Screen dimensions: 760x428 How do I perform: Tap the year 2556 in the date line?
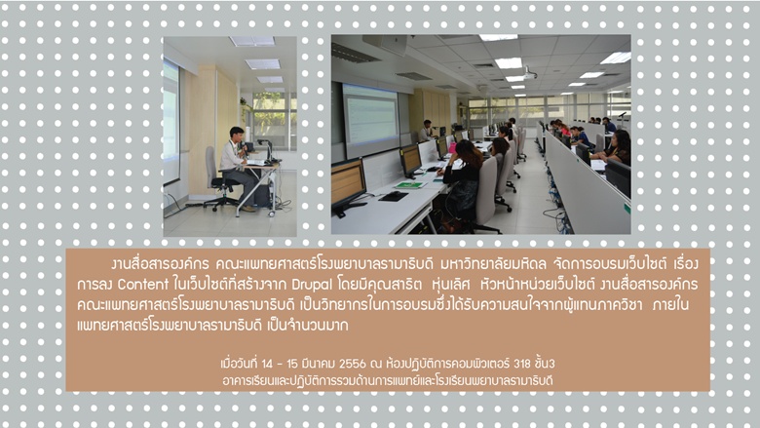coord(353,364)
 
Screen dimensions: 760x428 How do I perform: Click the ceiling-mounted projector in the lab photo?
coord(529,75)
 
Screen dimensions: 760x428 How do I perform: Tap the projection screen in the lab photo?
coord(371,115)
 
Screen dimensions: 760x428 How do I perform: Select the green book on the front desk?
coord(409,184)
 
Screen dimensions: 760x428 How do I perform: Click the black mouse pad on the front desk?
coord(393,196)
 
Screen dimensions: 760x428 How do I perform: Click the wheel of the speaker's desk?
coord(273,214)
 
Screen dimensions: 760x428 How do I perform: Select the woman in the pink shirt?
coord(562,129)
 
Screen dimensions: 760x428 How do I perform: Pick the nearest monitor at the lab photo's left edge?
coord(348,186)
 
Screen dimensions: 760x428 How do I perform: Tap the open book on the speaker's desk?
coord(256,163)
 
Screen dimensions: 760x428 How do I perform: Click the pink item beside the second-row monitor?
coord(452,148)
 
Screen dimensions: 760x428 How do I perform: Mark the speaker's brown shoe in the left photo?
coord(248,209)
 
